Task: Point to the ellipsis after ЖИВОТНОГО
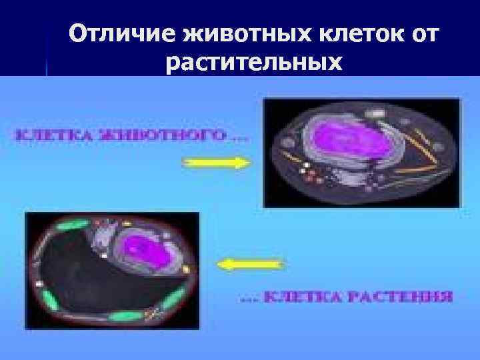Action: tap(239, 138)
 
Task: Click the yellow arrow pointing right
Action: tap(214, 161)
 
